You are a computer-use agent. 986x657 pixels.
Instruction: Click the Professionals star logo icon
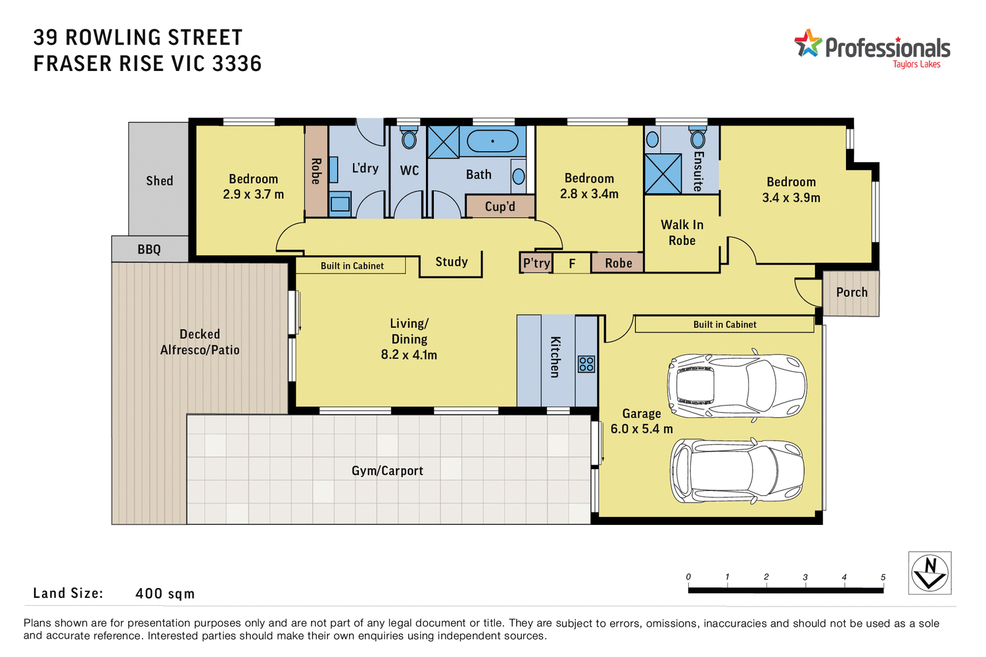click(x=808, y=43)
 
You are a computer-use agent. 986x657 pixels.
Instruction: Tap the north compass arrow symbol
click(x=930, y=573)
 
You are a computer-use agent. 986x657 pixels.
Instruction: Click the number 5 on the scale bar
click(x=883, y=578)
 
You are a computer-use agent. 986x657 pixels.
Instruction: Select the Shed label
click(x=160, y=181)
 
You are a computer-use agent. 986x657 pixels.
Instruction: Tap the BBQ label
click(x=149, y=250)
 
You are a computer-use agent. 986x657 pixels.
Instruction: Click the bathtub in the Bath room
click(x=492, y=141)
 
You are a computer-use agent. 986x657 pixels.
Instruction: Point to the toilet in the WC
click(x=409, y=139)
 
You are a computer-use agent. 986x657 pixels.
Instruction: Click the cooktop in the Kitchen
click(x=586, y=364)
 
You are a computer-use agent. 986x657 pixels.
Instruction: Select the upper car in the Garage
click(x=736, y=386)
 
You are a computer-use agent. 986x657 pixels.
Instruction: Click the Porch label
click(x=852, y=292)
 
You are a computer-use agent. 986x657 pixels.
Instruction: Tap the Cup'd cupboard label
click(x=500, y=206)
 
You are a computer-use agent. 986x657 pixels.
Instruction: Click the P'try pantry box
click(x=536, y=263)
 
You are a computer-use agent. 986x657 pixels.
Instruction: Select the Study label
click(x=452, y=261)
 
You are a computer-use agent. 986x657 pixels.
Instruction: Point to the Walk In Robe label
click(x=682, y=233)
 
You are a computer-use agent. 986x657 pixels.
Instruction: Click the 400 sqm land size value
click(x=165, y=594)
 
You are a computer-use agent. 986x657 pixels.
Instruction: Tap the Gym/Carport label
click(x=387, y=471)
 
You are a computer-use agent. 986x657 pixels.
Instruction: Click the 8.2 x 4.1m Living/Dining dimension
click(x=409, y=355)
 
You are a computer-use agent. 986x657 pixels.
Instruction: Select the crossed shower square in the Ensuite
click(x=663, y=173)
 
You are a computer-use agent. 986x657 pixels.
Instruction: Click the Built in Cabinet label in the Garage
click(x=724, y=325)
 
